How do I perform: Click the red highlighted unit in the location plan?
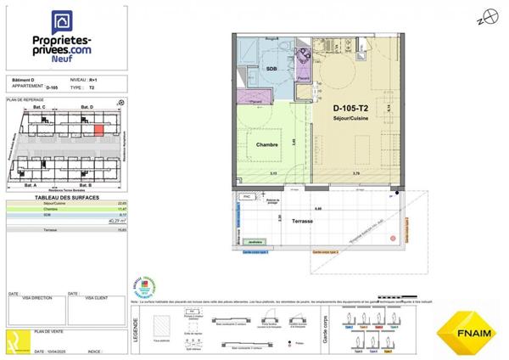pyautogui.click(x=98, y=130)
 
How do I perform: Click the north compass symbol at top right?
pyautogui.click(x=484, y=17)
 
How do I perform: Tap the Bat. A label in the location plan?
pyautogui.click(x=31, y=184)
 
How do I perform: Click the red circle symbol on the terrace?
pyautogui.click(x=393, y=238)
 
